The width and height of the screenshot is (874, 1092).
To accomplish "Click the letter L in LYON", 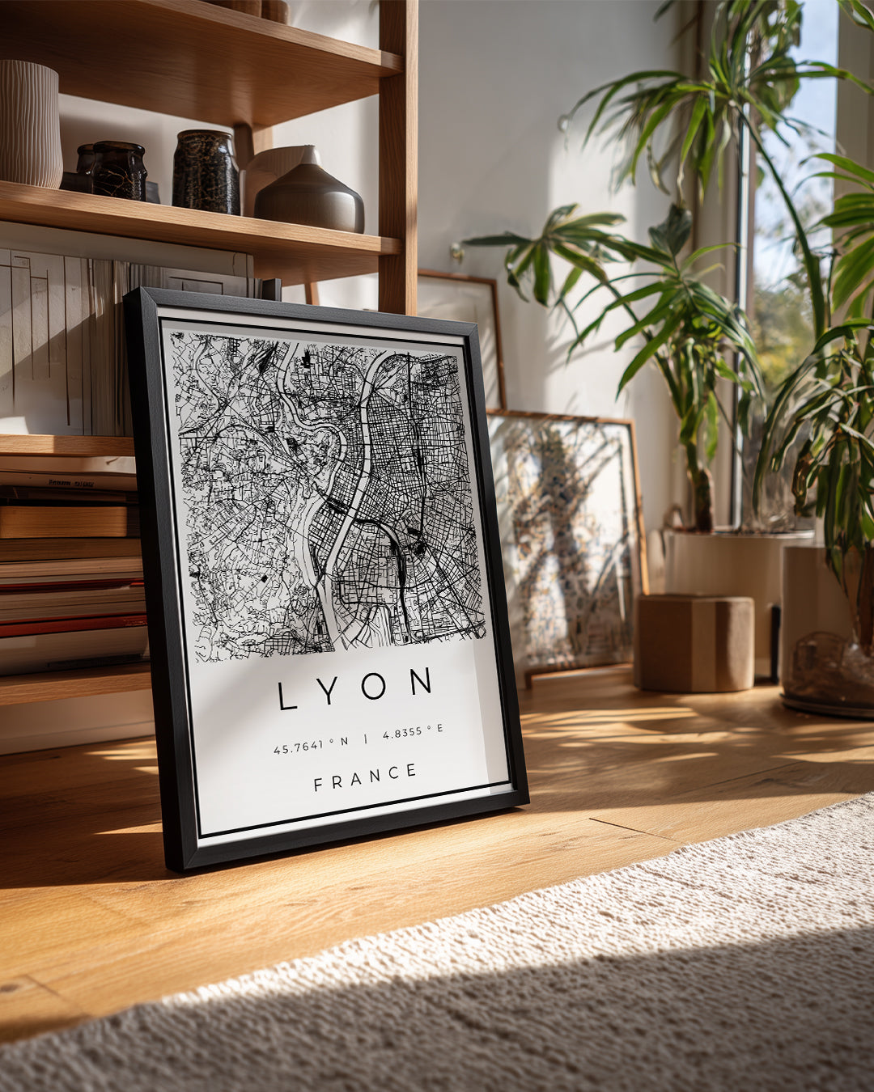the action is (x=287, y=696).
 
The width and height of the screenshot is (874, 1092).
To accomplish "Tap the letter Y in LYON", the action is (x=329, y=691).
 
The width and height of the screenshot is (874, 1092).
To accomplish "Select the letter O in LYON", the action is (x=373, y=686).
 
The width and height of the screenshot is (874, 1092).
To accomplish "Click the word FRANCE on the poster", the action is (x=365, y=777).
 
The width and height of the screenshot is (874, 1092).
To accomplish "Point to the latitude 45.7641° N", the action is (x=311, y=746).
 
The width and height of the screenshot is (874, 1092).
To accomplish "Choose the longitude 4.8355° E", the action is (x=413, y=733).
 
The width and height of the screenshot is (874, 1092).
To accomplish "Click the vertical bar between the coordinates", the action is (x=365, y=739).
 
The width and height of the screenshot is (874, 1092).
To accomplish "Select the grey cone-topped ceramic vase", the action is (x=311, y=194).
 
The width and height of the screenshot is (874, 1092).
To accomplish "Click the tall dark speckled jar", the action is (x=206, y=172).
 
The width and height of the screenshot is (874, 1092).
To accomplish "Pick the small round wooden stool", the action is (x=694, y=643).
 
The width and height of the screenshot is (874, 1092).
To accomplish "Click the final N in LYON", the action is (x=420, y=682).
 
